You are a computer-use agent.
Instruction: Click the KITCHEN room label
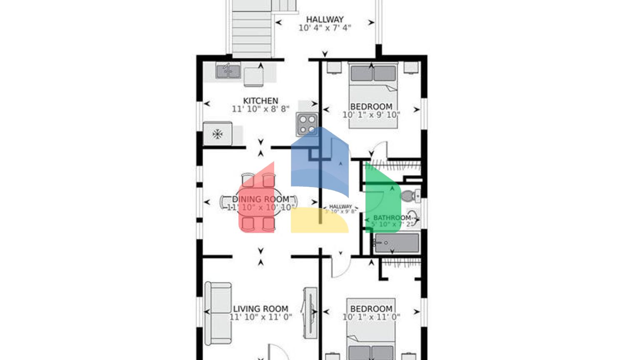pos(260,101)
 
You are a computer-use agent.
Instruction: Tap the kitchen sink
pos(228,71)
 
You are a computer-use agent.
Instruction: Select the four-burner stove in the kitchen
pos(307,124)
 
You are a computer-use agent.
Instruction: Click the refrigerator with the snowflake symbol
pos(217,134)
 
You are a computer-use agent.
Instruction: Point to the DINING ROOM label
pos(260,199)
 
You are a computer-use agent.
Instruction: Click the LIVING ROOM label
pos(260,309)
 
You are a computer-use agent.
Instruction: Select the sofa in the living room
pos(218,313)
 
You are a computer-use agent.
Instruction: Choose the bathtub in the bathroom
pos(396,243)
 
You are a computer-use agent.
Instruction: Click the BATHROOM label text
pos(392,217)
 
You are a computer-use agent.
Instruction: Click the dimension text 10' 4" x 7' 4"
pos(325,28)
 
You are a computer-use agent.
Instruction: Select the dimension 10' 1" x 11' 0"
pos(371,317)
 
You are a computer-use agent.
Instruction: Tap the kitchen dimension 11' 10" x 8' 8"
pos(260,109)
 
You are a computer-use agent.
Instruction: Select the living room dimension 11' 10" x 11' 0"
pos(260,317)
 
